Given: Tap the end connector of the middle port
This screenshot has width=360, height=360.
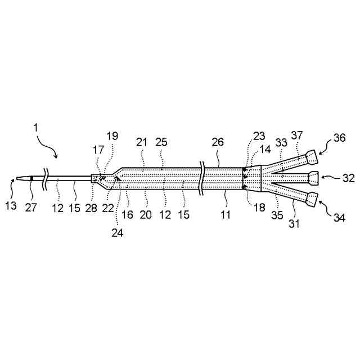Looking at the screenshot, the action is coord(314,178).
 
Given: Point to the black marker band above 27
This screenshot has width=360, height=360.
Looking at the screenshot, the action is coord(33,179).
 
